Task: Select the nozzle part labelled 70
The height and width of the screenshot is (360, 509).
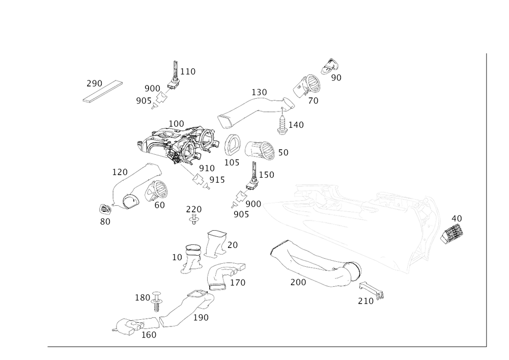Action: pyautogui.click(x=306, y=87)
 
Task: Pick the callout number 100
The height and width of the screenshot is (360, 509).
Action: pyautogui.click(x=176, y=123)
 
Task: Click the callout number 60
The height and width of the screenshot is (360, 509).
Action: pyautogui.click(x=159, y=205)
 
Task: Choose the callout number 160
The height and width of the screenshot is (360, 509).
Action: pyautogui.click(x=149, y=335)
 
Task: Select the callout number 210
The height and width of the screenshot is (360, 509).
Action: pyautogui.click(x=365, y=301)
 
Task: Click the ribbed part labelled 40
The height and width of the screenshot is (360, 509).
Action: pyautogui.click(x=450, y=233)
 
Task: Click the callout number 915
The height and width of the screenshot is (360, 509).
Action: pyautogui.click(x=214, y=179)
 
